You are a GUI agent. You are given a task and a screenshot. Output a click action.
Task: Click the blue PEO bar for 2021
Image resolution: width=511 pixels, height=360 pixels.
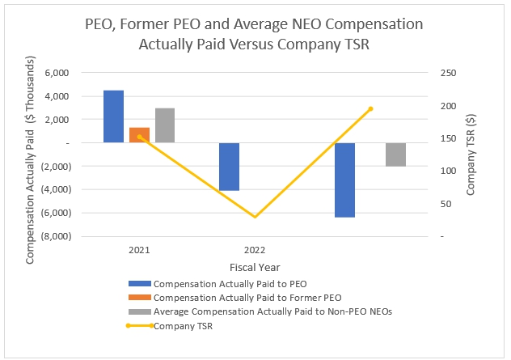[113, 116]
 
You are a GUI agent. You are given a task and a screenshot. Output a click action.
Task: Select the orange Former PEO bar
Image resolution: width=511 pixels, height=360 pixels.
[139, 135]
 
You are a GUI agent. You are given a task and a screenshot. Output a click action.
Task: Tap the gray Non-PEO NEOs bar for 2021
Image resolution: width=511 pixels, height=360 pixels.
[165, 125]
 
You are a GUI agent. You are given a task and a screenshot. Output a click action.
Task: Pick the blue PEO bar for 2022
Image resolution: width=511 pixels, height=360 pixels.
[229, 167]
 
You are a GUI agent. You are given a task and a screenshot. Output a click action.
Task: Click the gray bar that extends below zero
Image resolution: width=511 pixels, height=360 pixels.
[395, 154]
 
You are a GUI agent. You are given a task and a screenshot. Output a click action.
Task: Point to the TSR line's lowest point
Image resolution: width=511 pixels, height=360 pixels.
[255, 217]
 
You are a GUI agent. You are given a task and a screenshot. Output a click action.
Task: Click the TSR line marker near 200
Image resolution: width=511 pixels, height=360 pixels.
[370, 108]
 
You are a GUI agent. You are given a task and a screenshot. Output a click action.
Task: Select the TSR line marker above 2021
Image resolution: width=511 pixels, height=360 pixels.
[139, 137]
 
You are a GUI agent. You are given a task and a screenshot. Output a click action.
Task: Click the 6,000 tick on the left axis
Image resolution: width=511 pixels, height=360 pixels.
[55, 73]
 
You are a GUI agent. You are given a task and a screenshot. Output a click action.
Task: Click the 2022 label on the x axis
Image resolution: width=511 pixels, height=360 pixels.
[254, 250]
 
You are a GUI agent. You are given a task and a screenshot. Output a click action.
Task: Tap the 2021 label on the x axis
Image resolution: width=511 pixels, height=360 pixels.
[139, 250]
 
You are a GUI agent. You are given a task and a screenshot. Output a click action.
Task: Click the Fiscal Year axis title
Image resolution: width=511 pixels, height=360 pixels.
[254, 266]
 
